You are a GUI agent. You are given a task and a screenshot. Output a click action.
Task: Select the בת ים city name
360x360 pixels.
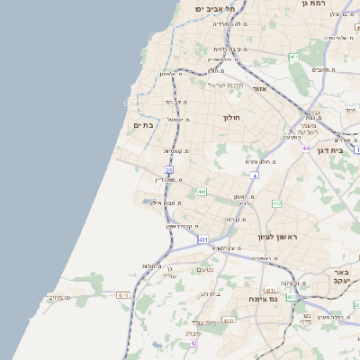[143, 125]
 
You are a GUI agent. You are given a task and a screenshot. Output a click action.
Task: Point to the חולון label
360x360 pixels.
[231, 117]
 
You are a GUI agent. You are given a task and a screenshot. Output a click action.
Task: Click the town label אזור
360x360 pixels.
[260, 89]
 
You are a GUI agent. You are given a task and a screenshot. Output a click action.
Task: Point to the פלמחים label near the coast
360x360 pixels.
[59, 297]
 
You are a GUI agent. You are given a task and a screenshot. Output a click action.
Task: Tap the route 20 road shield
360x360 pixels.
[169, 169]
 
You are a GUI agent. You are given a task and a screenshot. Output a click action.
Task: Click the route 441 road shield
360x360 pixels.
[202, 192]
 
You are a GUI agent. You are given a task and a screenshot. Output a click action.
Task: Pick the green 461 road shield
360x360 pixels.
[293, 57]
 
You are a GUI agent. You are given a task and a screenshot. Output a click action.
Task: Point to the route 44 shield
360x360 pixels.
[306, 148]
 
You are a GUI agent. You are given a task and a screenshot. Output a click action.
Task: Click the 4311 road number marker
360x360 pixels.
[123, 294]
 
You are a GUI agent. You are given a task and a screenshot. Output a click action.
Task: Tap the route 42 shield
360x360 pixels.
[193, 343]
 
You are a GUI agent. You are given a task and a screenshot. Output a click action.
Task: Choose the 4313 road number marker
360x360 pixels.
[291, 296]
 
